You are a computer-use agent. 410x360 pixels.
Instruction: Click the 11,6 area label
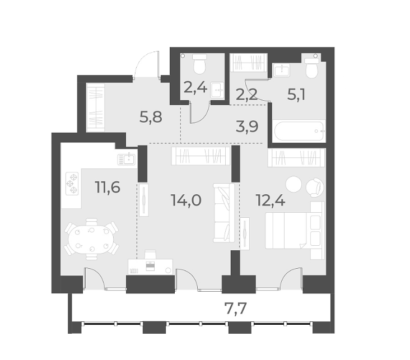point(108,187)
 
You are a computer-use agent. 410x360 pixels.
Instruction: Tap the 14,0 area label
point(186,199)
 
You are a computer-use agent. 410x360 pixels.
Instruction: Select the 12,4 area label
point(270,199)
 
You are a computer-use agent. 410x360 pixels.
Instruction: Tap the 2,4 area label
point(196,88)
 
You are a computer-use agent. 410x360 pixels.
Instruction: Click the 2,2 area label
point(248,94)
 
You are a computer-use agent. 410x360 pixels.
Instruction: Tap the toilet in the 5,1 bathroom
point(311,68)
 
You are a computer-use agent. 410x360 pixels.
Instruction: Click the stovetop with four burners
point(72,183)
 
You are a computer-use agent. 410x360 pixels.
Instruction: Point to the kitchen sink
point(127,158)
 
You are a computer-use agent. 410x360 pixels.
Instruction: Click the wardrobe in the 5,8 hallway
point(95,107)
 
